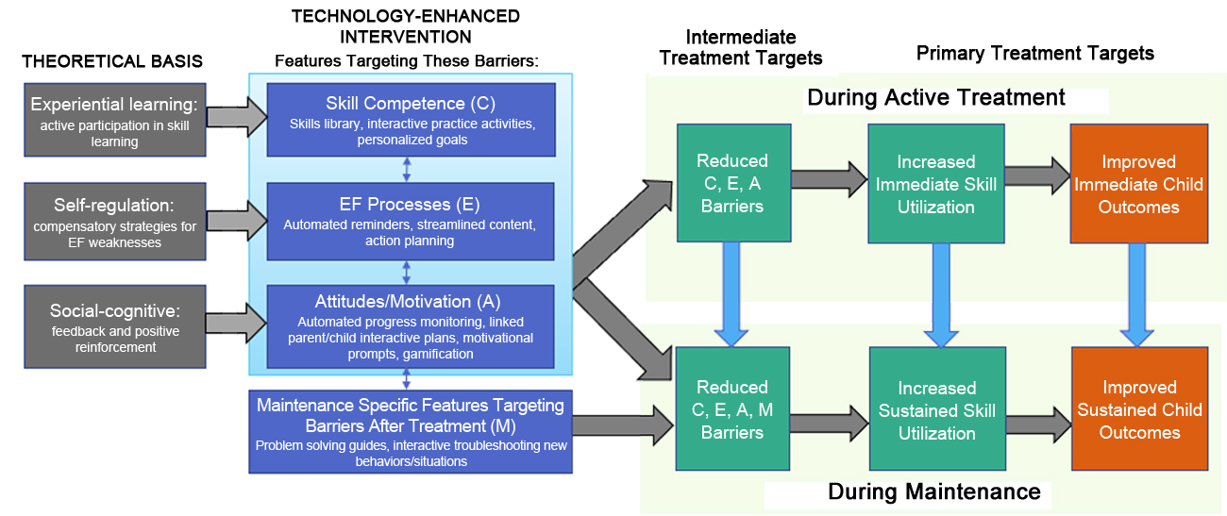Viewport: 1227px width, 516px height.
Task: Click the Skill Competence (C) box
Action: click(410, 119)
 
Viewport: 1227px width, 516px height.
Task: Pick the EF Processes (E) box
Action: click(410, 222)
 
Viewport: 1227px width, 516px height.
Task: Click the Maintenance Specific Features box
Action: click(410, 431)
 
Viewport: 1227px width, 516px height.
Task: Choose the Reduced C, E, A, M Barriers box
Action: click(732, 409)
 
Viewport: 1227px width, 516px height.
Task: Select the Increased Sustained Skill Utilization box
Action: click(935, 409)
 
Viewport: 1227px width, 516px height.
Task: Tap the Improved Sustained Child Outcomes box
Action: click(1138, 409)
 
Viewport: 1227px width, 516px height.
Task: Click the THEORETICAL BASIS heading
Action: click(112, 62)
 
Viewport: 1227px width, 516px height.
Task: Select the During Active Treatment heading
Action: click(935, 98)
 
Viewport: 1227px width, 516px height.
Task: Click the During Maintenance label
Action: click(933, 491)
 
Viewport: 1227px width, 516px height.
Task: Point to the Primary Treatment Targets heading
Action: click(1034, 54)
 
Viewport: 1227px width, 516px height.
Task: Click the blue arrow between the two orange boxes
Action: click(1137, 294)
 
